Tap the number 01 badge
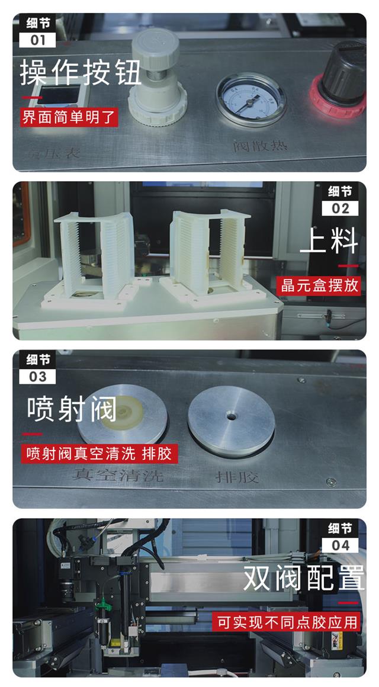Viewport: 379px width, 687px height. [x=37, y=40]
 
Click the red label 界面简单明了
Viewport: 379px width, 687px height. [x=69, y=115]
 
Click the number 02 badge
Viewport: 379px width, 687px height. [x=341, y=208]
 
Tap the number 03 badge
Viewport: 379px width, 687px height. [x=37, y=377]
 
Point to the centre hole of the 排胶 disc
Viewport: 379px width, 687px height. [x=231, y=417]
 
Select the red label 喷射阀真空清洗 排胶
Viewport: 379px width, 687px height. [x=99, y=454]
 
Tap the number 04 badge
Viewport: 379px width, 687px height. [x=341, y=545]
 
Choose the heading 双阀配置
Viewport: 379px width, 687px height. [x=304, y=579]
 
